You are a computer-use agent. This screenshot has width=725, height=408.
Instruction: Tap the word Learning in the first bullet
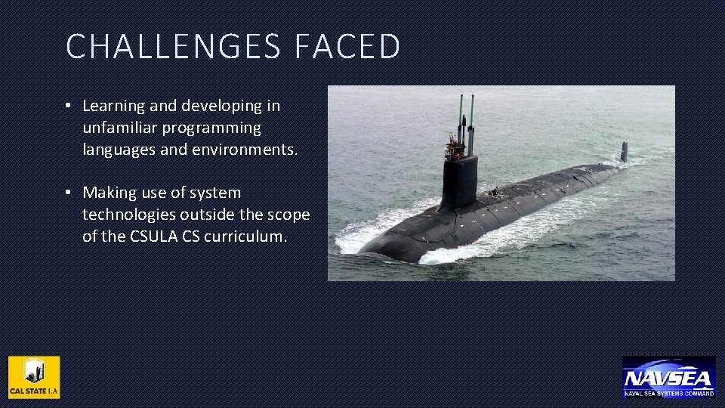pos(112,107)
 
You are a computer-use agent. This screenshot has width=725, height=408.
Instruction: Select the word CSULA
pos(153,236)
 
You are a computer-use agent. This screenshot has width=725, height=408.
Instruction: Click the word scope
pos(288,215)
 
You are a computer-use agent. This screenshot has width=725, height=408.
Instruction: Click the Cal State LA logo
pos(34,376)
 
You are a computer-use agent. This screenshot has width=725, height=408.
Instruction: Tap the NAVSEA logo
pos(668,376)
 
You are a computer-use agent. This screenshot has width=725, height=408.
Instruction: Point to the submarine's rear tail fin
pos(624,151)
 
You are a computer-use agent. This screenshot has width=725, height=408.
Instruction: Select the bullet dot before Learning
pos(69,107)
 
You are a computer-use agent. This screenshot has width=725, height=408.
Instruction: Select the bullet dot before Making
pos(69,193)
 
